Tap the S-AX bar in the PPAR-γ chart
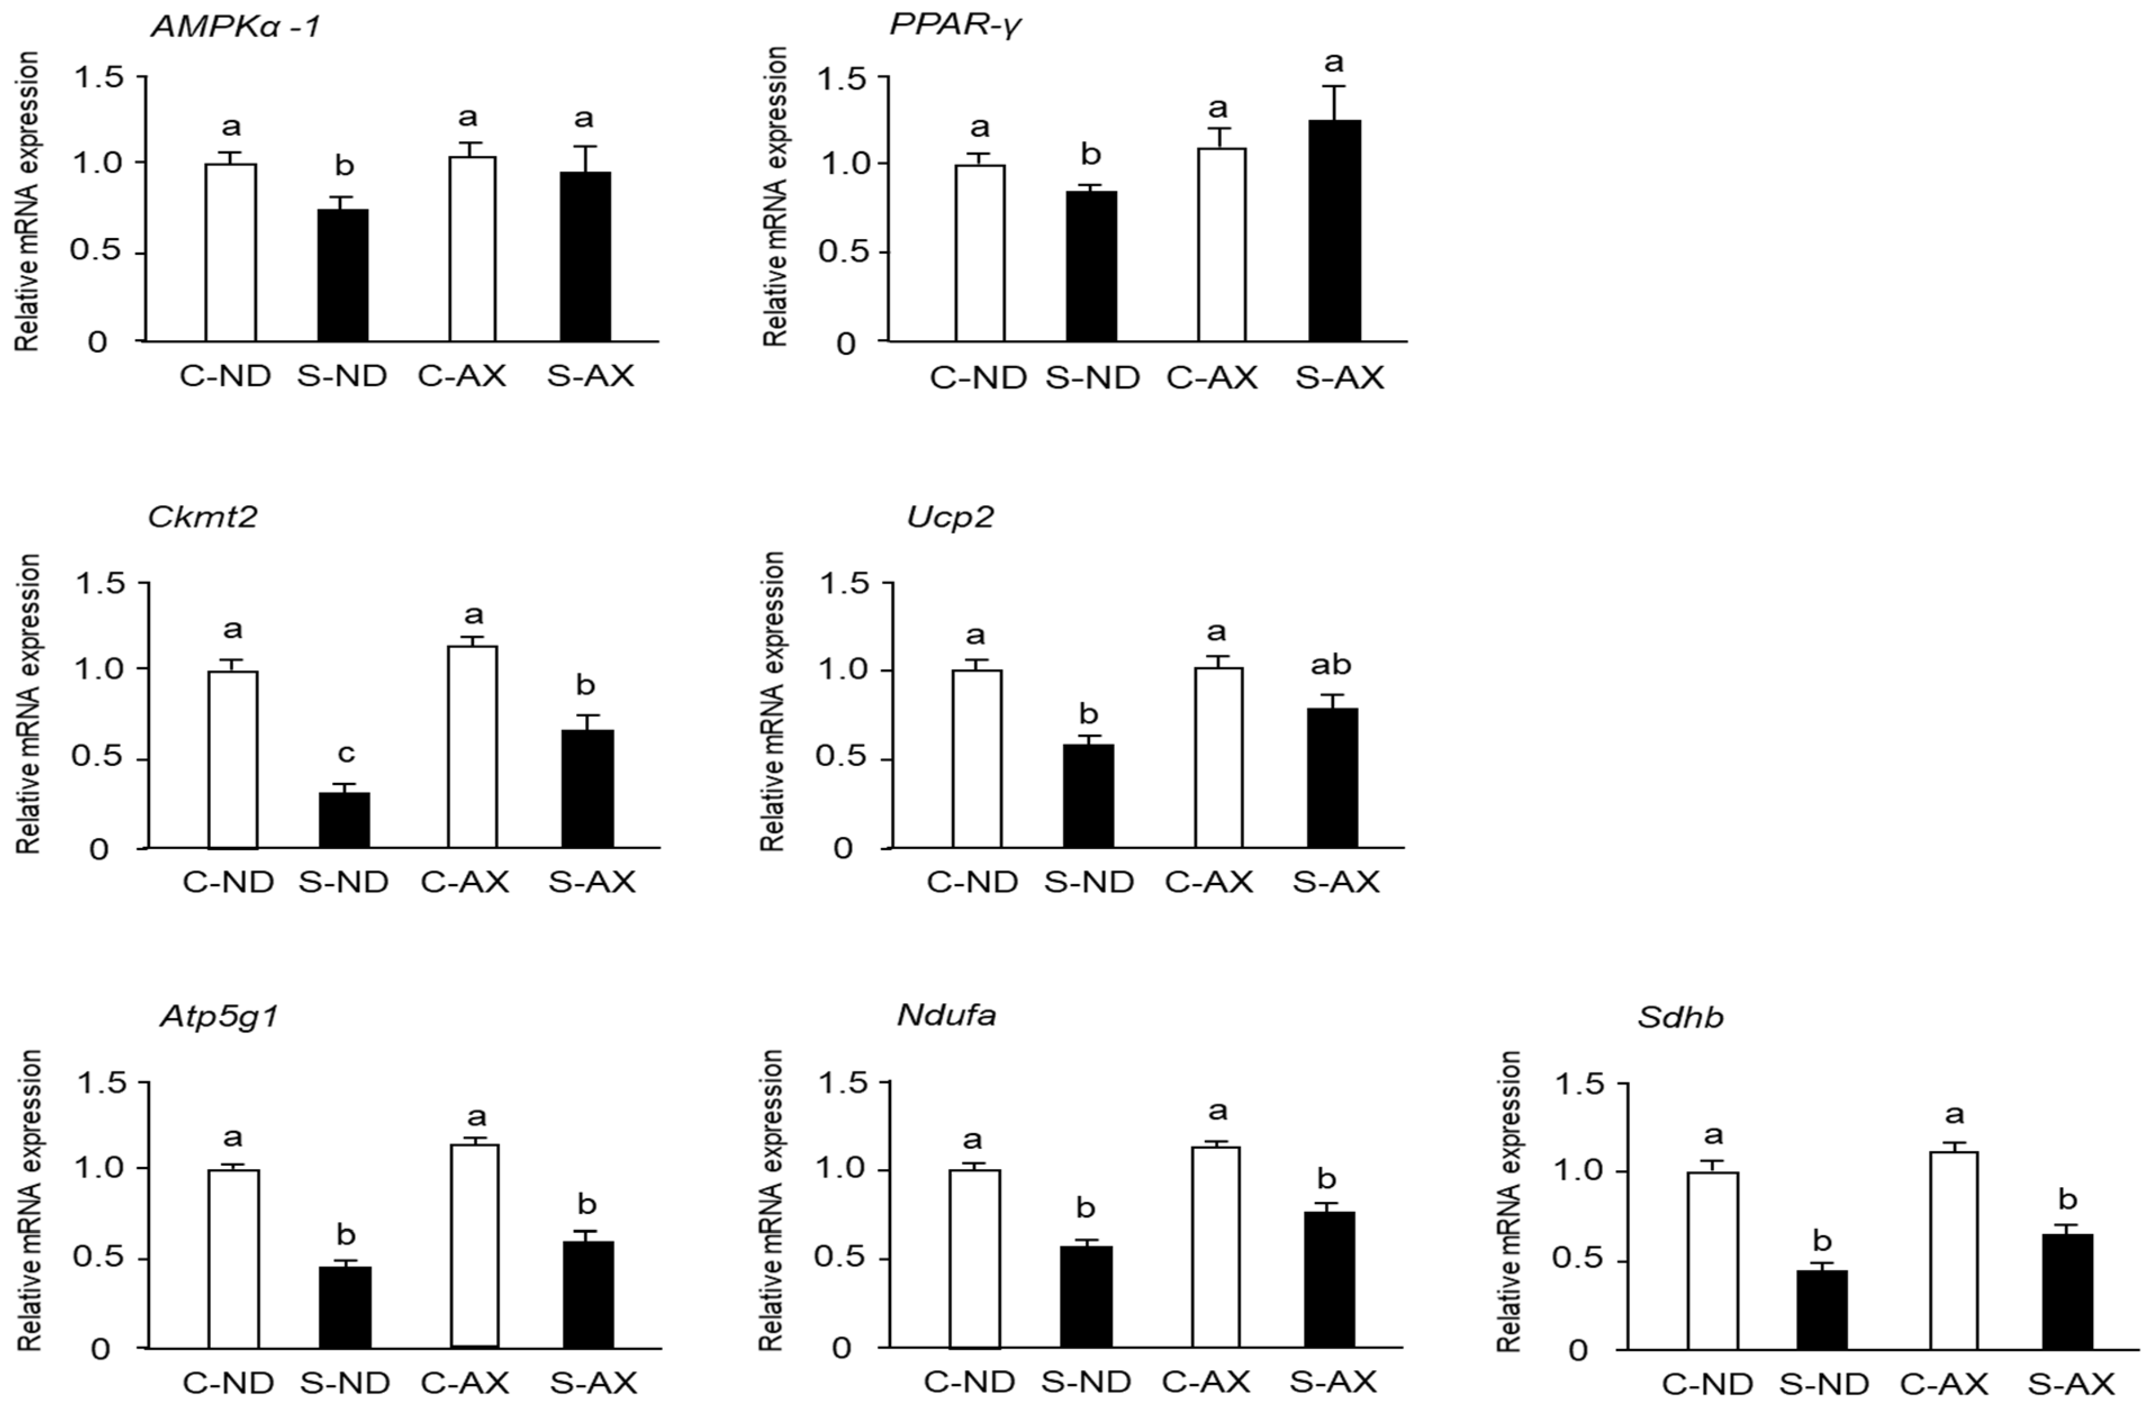[x=1334, y=231]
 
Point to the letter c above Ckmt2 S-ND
[x=346, y=754]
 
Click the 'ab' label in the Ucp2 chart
[x=1331, y=665]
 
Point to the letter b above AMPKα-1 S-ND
[x=344, y=166]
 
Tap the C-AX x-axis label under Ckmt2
[x=464, y=882]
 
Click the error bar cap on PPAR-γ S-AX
[x=1334, y=87]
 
